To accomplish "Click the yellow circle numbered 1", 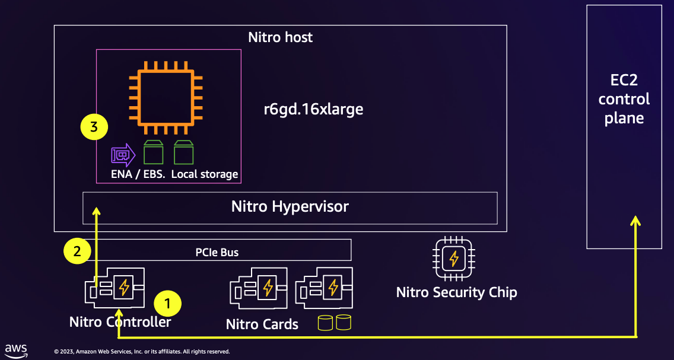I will click(x=168, y=304).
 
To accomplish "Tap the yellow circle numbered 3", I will click(x=94, y=126).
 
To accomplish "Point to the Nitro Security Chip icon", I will click(x=454, y=259).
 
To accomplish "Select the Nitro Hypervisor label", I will click(x=290, y=207).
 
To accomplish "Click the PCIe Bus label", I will click(x=217, y=252).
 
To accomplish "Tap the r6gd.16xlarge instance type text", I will click(x=313, y=109).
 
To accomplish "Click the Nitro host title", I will click(x=280, y=37).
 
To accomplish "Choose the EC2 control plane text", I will click(x=624, y=99).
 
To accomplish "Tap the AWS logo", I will click(x=16, y=349).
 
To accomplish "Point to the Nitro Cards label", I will click(x=262, y=324).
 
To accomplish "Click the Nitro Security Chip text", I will click(x=456, y=292).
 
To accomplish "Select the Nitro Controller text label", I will click(x=120, y=322).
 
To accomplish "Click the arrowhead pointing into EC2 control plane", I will click(x=635, y=221).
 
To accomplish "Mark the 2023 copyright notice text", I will click(x=141, y=352).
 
